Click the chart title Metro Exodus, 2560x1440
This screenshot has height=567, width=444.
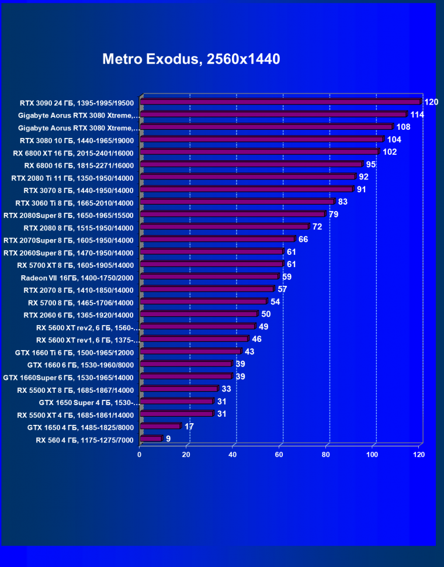click(191, 59)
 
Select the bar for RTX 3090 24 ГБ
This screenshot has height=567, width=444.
click(279, 102)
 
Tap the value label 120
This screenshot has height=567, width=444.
click(431, 102)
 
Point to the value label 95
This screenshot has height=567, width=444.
click(370, 164)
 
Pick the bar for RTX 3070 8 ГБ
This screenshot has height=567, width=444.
click(246, 189)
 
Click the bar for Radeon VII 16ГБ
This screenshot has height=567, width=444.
click(209, 276)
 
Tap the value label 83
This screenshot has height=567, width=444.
click(342, 202)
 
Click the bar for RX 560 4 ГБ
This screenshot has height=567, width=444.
click(150, 438)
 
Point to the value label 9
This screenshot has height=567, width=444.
click(168, 438)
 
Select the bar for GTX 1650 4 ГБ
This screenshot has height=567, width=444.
click(160, 426)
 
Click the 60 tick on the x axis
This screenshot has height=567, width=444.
click(279, 454)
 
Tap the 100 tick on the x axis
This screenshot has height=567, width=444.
click(372, 454)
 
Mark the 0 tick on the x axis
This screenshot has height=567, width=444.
click(140, 454)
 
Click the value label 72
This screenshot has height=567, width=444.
click(317, 227)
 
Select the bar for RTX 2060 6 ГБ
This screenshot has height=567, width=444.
click(198, 314)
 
